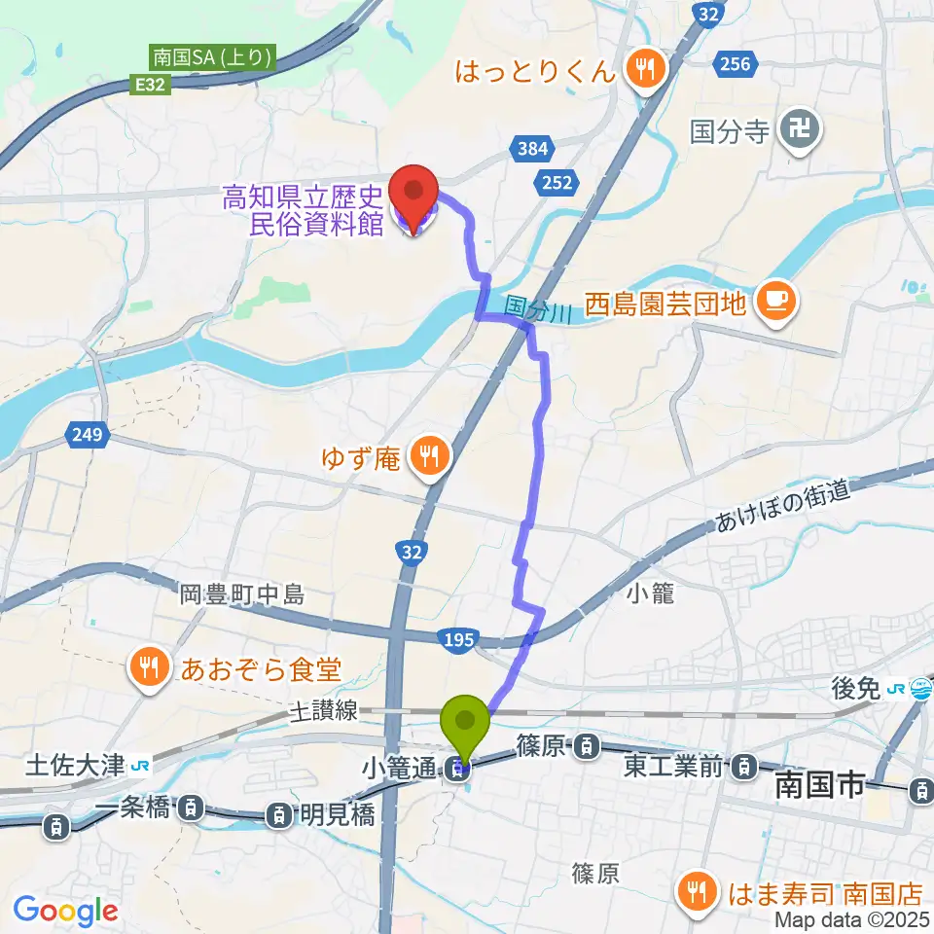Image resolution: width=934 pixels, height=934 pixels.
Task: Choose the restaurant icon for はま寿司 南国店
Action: pos(697,889)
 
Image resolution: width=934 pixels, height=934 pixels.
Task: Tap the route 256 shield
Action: pos(736,64)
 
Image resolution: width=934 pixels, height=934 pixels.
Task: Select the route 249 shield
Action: pos(86,434)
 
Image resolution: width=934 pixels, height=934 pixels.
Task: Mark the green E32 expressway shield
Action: pos(153,85)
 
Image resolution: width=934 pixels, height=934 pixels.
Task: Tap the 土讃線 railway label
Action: pos(324,713)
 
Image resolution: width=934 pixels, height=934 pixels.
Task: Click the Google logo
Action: pos(65,911)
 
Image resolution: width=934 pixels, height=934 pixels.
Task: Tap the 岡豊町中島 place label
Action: pos(242,593)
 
